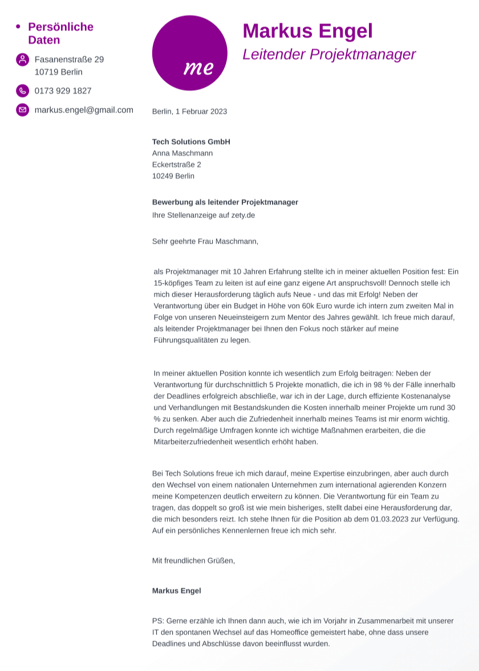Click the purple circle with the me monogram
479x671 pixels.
189,53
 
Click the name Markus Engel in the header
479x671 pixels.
307,31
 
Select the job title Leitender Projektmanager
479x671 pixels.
329,55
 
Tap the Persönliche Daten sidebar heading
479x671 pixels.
60,33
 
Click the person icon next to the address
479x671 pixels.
22,59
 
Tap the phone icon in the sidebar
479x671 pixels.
22,91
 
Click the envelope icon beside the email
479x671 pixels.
22,110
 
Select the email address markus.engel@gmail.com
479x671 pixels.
84,110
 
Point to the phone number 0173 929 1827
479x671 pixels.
63,91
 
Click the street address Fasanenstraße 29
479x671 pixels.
69,59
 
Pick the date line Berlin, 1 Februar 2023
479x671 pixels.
189,111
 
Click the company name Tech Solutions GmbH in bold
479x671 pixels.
191,142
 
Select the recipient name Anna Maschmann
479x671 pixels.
182,153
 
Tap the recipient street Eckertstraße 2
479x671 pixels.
177,164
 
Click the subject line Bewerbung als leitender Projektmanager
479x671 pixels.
225,202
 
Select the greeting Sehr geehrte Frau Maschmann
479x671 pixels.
205,241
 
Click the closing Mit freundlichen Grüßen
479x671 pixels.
193,560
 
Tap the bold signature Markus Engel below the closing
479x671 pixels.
176,591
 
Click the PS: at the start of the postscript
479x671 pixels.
158,621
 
